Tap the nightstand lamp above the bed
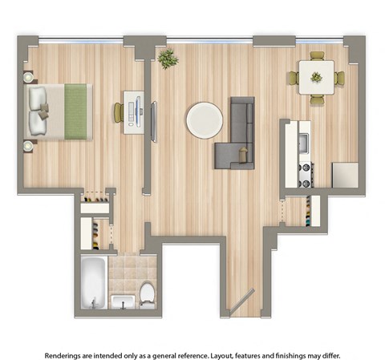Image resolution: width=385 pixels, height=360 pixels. pos(30,78)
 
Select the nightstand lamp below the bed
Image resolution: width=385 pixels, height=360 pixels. pos(30,145)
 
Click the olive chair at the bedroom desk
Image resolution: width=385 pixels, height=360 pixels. pos(119,111)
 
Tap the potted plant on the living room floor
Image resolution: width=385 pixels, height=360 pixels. pos(168,59)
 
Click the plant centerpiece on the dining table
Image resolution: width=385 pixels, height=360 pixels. pos(316,78)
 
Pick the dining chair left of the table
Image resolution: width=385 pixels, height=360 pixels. pos(294,78)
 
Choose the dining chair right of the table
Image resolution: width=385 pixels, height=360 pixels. pos(339,78)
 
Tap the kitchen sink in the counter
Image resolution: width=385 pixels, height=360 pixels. pos(303,144)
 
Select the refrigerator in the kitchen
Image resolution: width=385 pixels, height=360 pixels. pos(345,175)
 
